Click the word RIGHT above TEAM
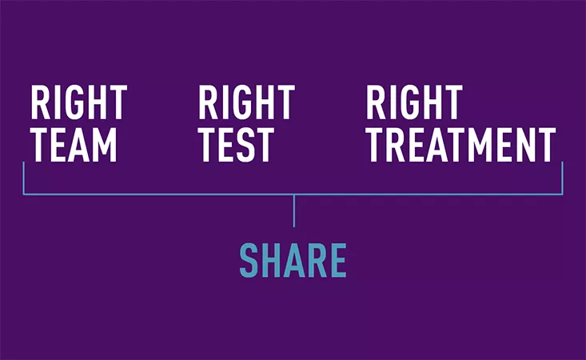(79, 102)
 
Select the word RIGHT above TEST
(246, 102)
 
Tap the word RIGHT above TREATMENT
(414, 102)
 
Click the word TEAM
(74, 145)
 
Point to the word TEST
(236, 145)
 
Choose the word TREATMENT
(460, 145)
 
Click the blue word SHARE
(293, 260)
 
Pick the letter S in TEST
(245, 145)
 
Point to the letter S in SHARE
(249, 260)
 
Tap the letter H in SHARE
(272, 260)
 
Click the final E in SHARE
(338, 260)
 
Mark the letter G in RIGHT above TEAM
(74, 102)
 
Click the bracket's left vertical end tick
(23, 178)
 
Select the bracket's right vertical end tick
(562, 178)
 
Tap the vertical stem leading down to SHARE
(294, 211)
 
